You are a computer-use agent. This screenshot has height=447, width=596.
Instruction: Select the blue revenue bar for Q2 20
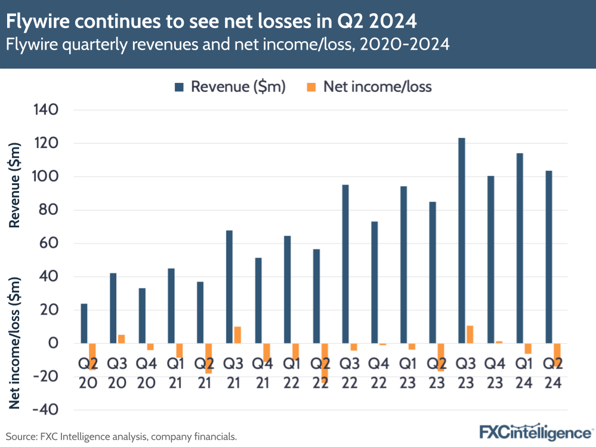pos(84,323)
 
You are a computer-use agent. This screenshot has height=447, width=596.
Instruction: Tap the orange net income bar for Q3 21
pos(237,335)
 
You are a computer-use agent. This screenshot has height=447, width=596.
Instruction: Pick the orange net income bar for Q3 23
pos(470,334)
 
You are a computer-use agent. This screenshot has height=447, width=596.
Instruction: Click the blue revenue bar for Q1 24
pos(519,248)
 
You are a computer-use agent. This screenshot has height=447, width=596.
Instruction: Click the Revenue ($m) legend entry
pos(230,87)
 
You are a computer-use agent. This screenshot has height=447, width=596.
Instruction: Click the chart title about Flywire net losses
pos(211,21)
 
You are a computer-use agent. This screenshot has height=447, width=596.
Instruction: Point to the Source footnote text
pos(122,437)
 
